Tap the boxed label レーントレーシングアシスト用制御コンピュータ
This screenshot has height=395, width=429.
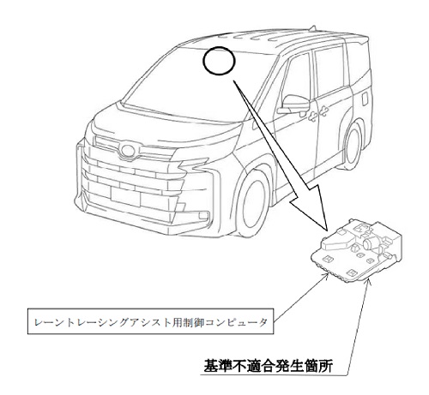[x=150, y=321]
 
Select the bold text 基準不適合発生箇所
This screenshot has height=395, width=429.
[x=269, y=366]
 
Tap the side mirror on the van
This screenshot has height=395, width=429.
[x=293, y=104]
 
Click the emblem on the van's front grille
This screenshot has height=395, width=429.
[x=128, y=151]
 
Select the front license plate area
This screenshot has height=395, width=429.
[x=125, y=196]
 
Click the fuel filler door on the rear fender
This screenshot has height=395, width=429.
[x=365, y=99]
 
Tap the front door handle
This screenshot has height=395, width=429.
[x=312, y=116]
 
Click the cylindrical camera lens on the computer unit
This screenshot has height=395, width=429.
[x=368, y=243]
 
